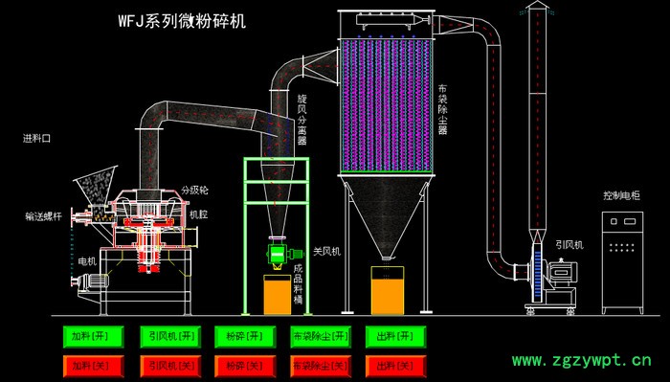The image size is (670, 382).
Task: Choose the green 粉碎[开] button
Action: [x=246, y=336]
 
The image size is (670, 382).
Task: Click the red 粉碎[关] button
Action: [x=246, y=365]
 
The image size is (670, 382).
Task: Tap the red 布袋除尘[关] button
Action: [x=320, y=365]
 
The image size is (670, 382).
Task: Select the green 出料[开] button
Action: [x=395, y=336]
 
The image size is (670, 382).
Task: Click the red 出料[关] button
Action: [x=395, y=365]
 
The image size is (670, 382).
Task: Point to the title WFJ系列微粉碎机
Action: [x=182, y=20]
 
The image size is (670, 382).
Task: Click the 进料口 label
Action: [x=36, y=138]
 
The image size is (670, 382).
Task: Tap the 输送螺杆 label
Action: [x=43, y=216]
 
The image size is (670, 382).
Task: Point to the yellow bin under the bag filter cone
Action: [x=387, y=289]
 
